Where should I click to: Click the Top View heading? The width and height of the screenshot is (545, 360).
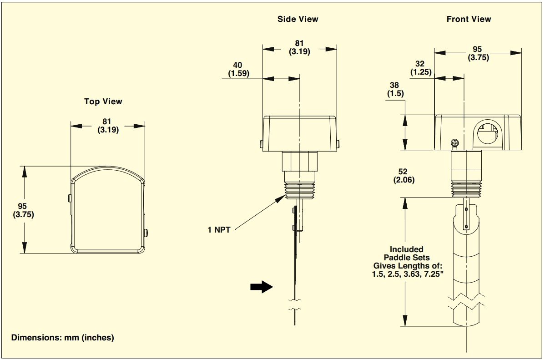(103, 101)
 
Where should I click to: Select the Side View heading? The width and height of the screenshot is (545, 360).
(298, 19)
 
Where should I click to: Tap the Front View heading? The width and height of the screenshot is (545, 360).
(469, 19)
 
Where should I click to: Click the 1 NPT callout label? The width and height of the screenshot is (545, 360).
(219, 230)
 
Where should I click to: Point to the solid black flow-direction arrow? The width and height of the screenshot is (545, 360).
(261, 287)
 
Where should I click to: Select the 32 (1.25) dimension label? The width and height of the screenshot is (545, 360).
(421, 68)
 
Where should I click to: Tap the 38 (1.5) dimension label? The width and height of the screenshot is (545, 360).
(395, 89)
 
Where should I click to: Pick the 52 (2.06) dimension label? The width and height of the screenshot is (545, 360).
(404, 176)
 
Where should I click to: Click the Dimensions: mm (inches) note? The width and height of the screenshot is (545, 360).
(63, 338)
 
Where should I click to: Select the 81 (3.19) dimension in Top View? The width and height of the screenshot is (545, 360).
(108, 126)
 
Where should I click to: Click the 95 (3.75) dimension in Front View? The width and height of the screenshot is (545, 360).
(477, 54)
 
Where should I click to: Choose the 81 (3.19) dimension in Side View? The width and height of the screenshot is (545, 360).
(299, 48)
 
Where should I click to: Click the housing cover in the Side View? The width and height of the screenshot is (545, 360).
(299, 132)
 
